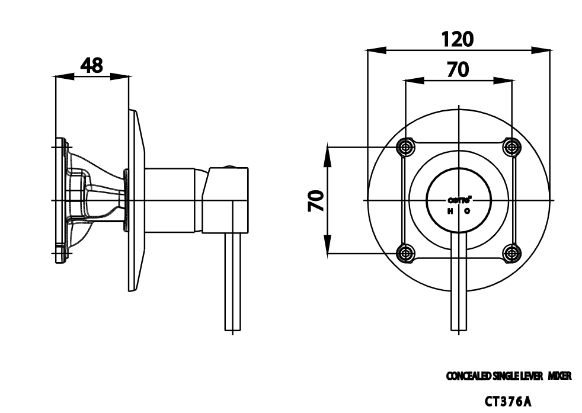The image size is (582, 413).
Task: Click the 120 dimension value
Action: [458, 39]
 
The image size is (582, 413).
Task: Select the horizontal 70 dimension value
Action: [458, 69]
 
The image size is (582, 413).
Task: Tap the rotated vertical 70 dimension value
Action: [315, 201]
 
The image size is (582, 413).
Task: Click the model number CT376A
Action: [508, 401]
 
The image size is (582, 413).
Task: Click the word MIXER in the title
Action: [559, 376]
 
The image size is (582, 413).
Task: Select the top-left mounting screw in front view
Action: [405, 146]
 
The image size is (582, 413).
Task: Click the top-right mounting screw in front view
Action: [511, 146]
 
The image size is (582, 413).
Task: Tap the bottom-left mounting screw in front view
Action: [405, 254]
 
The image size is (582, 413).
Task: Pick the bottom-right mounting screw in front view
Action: [511, 254]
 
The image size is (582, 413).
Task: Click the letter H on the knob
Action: [450, 211]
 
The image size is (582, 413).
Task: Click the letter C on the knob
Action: [467, 211]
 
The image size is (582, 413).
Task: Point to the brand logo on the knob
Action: [459, 200]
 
